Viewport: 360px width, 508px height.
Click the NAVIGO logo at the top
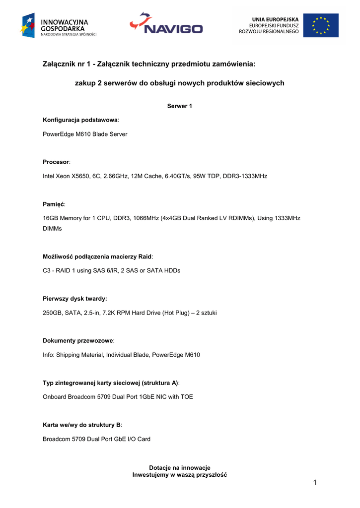(x=166, y=24)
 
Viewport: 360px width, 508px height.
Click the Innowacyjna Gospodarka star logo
(x=28, y=25)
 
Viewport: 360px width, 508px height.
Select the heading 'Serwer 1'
(x=180, y=106)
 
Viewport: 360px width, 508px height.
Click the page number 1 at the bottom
(x=315, y=483)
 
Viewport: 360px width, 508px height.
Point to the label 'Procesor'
(x=56, y=162)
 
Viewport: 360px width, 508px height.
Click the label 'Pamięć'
(x=54, y=204)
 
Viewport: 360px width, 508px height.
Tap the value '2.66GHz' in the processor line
(x=115, y=176)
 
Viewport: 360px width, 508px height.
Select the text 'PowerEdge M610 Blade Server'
(x=85, y=134)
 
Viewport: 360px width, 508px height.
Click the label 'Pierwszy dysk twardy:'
(x=75, y=299)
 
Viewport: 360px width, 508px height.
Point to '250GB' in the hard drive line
(x=53, y=313)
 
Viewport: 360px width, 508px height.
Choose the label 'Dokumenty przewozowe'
(x=78, y=341)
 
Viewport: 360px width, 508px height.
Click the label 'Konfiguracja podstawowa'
(x=80, y=120)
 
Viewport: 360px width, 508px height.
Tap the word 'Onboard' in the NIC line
(x=55, y=397)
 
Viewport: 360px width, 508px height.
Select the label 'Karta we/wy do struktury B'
(x=81, y=425)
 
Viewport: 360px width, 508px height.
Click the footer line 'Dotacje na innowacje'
(x=180, y=468)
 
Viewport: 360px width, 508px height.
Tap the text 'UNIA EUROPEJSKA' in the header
(x=275, y=19)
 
